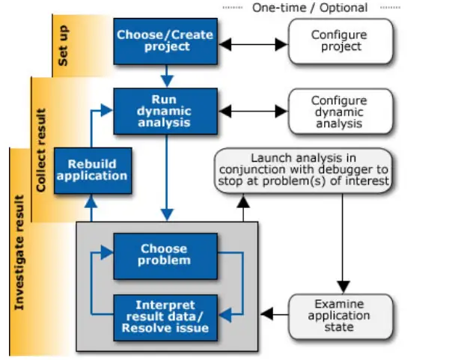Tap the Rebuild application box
pos(92,170)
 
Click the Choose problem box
pos(165,254)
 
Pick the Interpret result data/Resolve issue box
pos(165,316)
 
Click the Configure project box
pos(341,41)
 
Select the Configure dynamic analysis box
pos(341,112)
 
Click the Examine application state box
pos(340,315)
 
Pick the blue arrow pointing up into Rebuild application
pos(92,206)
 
